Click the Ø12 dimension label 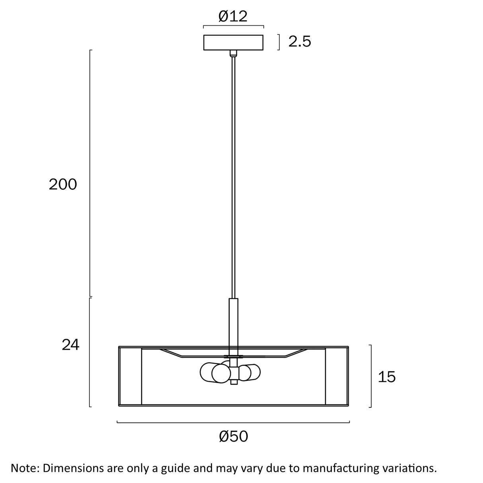click(x=233, y=17)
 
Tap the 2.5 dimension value click(x=300, y=41)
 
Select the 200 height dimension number click(x=62, y=185)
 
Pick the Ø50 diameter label click(x=234, y=436)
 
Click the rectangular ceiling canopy click(x=233, y=43)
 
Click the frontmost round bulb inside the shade click(x=221, y=374)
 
